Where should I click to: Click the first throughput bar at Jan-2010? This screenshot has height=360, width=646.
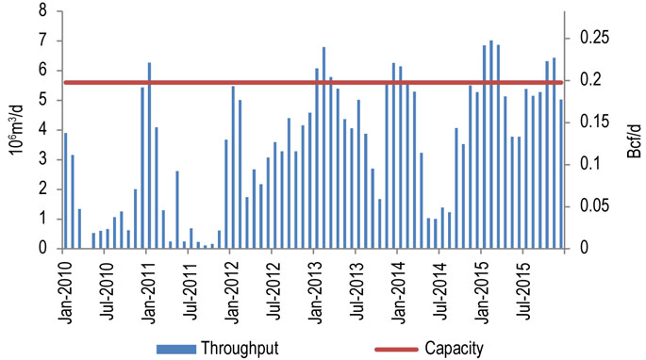click(65, 190)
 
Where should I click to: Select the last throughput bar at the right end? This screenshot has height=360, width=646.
click(561, 174)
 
